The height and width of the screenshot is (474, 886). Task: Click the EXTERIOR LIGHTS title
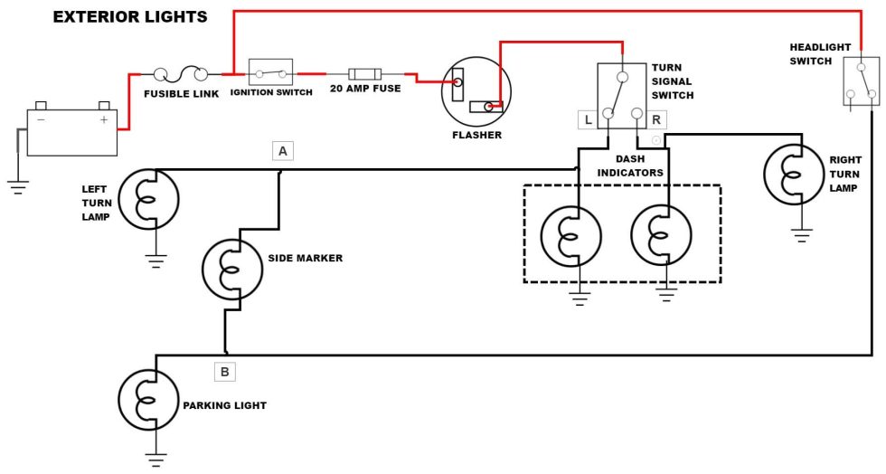click(130, 17)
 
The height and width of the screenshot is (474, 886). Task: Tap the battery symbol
click(72, 132)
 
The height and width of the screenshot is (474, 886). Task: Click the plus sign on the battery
click(103, 118)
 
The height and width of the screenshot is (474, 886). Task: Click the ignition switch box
click(271, 73)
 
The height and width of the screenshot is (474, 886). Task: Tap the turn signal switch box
click(621, 95)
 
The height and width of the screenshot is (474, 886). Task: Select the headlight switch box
click(861, 81)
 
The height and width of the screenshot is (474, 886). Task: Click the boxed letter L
click(588, 119)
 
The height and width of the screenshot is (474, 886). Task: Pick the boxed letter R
click(656, 119)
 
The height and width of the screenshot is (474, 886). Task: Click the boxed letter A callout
click(283, 151)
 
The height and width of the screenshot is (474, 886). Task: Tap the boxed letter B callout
click(225, 371)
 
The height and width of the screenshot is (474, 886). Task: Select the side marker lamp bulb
click(231, 269)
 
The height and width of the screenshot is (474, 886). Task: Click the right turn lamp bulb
click(794, 173)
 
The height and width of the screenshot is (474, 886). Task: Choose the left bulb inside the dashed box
click(570, 237)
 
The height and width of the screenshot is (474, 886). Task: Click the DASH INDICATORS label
click(630, 165)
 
